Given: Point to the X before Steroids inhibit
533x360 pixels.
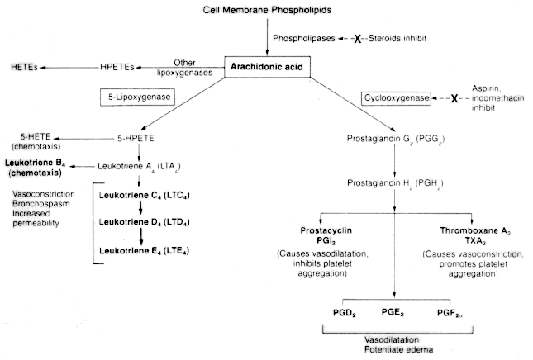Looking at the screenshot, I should [359, 39].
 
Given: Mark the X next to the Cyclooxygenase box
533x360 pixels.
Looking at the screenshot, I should [453, 99].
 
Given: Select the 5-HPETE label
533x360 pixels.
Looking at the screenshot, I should [136, 138].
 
